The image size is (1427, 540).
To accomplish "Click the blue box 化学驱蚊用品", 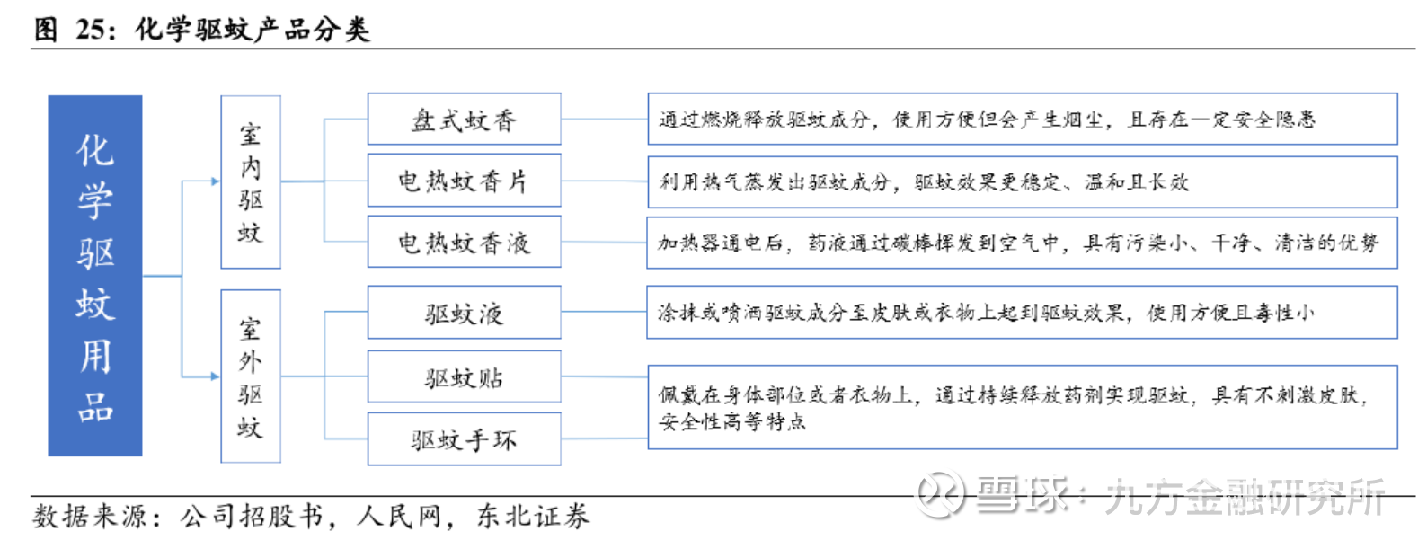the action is point(95,276).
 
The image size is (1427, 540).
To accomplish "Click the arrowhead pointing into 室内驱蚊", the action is point(216,181).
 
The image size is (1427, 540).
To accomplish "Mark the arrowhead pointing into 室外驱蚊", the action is point(216,376).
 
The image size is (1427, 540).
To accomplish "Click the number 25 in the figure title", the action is point(90,30).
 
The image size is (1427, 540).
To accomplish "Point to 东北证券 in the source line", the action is point(533,517).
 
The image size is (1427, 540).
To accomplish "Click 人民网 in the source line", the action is point(399,517).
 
